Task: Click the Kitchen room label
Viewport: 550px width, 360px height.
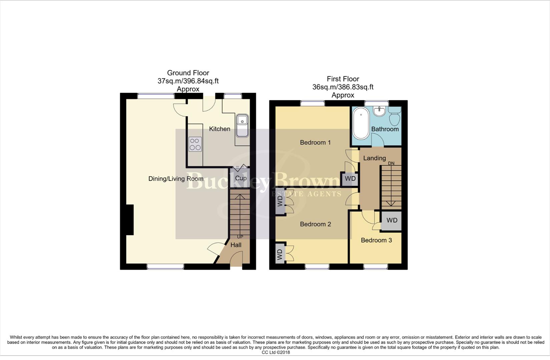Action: coord(219,129)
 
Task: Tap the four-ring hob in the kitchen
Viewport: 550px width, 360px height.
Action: coord(195,144)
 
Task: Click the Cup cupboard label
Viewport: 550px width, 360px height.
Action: coord(240,178)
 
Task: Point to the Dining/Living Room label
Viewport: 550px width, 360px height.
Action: coord(176,179)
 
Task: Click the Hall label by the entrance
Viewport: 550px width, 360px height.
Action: coord(236,245)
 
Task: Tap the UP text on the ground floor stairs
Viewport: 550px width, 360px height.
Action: coord(240,237)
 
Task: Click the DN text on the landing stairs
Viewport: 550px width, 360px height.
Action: coord(391,163)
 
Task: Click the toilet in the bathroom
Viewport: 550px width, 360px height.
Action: coord(395,116)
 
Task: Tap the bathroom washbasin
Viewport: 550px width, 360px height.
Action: coord(380,111)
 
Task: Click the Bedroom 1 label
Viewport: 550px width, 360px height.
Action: coord(315,143)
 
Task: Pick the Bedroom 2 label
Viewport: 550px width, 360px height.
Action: coord(315,224)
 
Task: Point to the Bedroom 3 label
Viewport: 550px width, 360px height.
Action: coord(376,240)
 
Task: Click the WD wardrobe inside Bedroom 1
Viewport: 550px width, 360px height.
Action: coord(350,179)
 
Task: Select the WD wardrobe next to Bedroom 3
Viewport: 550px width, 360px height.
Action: coord(392,220)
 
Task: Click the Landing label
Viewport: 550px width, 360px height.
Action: coord(374,158)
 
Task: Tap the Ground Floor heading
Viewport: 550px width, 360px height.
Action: coord(188,73)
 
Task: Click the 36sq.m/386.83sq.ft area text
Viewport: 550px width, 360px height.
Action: coord(343,87)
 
